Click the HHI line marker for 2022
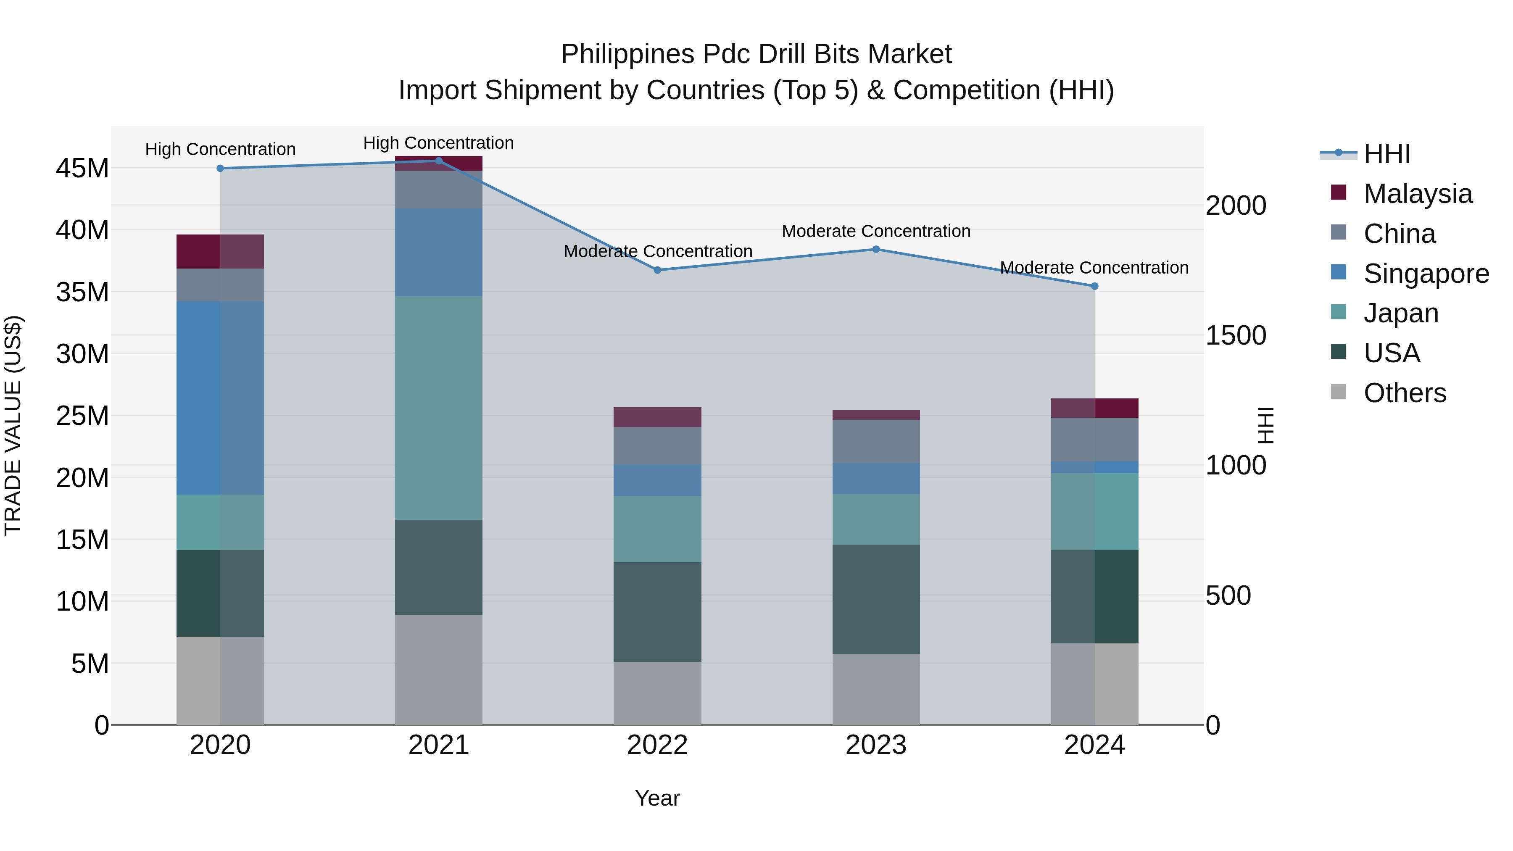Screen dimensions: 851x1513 coord(657,270)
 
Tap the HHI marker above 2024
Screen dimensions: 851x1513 coord(1094,287)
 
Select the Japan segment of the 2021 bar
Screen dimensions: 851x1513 coord(439,408)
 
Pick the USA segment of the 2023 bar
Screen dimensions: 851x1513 coord(876,598)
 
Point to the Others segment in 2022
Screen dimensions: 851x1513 coord(657,693)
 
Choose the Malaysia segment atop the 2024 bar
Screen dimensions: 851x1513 coord(1094,408)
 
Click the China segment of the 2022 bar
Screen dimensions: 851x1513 coord(657,446)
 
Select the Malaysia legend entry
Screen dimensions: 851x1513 coord(1417,194)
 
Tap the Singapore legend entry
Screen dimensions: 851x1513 coord(1426,274)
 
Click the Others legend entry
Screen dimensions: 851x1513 coord(1404,393)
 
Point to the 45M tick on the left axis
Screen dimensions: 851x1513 coord(82,169)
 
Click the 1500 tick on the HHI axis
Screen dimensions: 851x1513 coord(1236,336)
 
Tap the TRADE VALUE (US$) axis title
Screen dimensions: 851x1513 coord(13,425)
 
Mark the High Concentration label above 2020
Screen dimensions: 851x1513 coord(220,149)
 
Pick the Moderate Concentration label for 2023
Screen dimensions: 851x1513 coord(876,232)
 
